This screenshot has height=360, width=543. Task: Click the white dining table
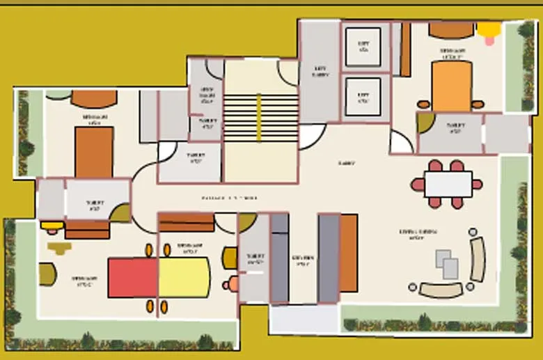coord(448,185)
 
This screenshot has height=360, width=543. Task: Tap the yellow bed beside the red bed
coord(184,277)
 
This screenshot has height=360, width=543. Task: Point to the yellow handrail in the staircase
coord(259,118)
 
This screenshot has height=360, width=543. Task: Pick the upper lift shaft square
coord(363,47)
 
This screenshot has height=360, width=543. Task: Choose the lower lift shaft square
coord(363,96)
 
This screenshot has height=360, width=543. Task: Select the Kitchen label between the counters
coord(303,260)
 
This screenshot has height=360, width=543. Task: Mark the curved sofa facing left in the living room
coord(478,259)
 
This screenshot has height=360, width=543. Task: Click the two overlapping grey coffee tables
coord(448,264)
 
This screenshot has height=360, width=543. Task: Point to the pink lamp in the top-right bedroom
coord(489,41)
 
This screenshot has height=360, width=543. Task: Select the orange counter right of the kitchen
coord(348,252)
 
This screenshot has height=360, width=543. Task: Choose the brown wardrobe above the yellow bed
coord(186,222)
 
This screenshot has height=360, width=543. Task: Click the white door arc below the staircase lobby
coord(312,136)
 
